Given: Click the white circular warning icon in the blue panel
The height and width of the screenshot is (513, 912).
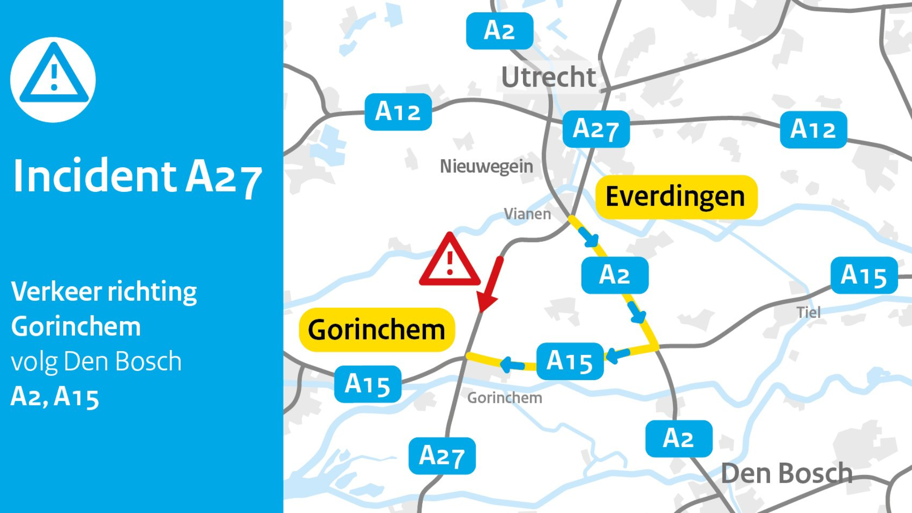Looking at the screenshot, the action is pos(53,79).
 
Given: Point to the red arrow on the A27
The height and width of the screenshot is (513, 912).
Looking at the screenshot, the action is pos(490,285).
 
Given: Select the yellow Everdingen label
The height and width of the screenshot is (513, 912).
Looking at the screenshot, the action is pos(675,197).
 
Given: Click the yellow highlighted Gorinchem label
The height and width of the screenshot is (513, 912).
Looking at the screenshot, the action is pos(377,330).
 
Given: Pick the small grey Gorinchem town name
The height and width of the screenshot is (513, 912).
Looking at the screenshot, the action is pos(504,398).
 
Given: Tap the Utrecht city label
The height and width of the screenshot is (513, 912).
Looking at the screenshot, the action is pos(549,77).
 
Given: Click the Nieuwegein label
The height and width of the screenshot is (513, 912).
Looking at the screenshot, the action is pos(486,166).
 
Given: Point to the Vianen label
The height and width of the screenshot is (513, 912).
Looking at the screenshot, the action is pos(527,214).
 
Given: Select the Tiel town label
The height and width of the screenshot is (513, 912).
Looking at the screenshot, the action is pos(808,313).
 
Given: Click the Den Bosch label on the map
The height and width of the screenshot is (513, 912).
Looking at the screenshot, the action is pos(787,473).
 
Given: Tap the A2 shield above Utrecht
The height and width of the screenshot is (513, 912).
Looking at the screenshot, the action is pos(499,31).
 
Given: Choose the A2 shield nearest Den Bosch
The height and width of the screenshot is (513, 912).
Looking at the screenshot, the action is pos(678,438).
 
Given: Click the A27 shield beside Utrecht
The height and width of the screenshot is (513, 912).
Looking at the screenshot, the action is pos(596,129).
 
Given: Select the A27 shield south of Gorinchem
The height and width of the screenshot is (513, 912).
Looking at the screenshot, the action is pos(442,456).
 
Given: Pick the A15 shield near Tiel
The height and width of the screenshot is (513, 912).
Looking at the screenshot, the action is pos(864,275).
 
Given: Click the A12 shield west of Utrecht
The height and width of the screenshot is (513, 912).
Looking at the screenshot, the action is pos(398,112).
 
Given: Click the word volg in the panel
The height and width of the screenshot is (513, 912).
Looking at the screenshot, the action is pos(34,362).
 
